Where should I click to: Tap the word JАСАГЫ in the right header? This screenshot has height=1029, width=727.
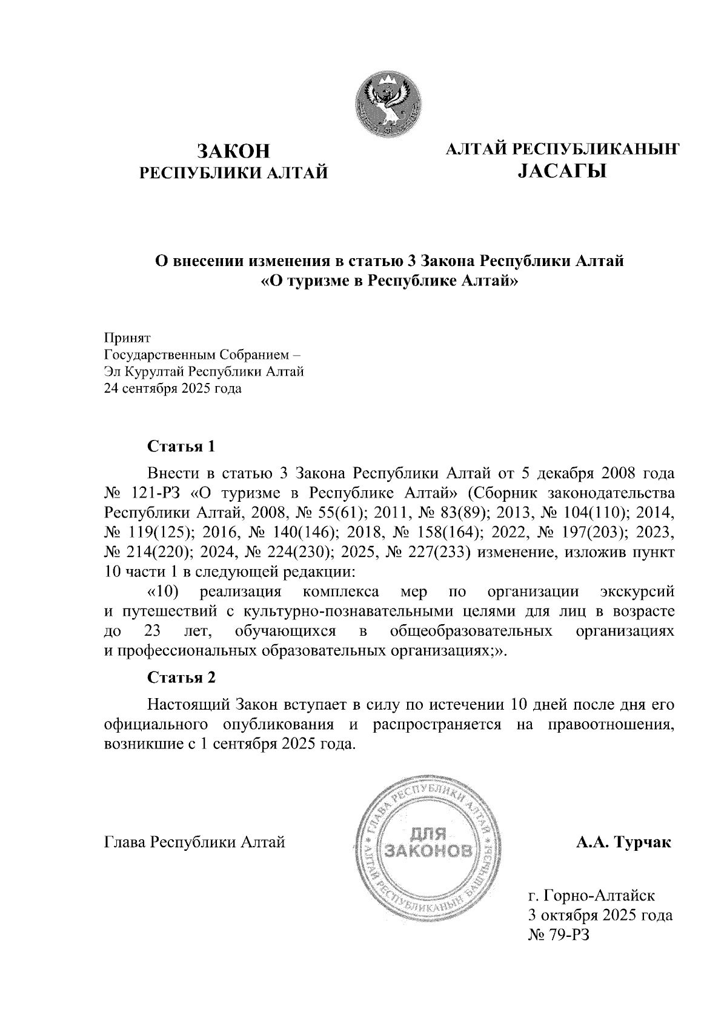point(562,173)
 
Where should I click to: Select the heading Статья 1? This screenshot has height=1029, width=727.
point(182,447)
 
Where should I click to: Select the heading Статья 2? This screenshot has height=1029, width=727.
point(182,677)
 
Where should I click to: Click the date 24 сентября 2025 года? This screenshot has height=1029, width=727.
point(173,388)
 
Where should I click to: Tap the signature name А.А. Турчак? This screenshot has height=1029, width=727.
point(624,842)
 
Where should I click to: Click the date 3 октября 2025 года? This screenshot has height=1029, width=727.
point(600,915)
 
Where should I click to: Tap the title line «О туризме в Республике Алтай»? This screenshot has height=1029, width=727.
point(390,282)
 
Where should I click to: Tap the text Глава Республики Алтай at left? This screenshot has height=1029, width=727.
point(195,842)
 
